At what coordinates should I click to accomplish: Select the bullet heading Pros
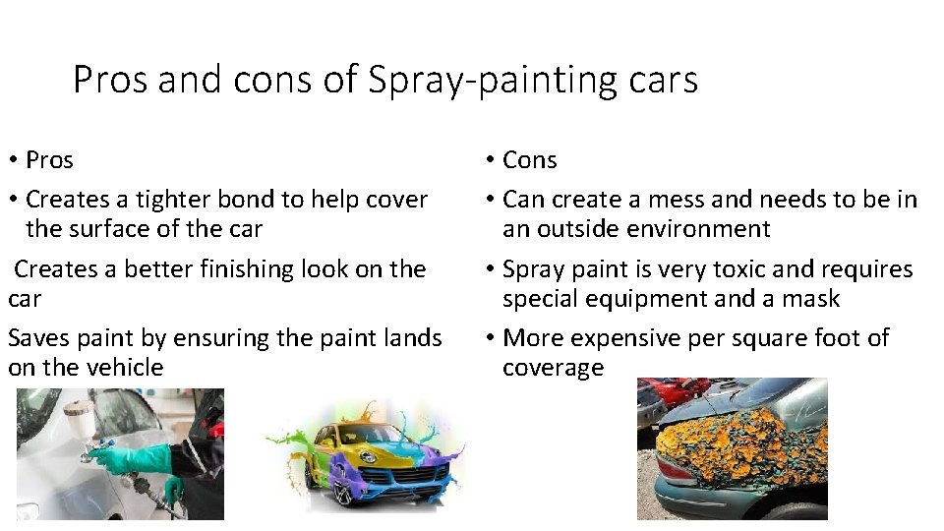pyautogui.click(x=49, y=160)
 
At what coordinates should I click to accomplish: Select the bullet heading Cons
pyautogui.click(x=529, y=160)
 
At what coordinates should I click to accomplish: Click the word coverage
pyautogui.click(x=553, y=368)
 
